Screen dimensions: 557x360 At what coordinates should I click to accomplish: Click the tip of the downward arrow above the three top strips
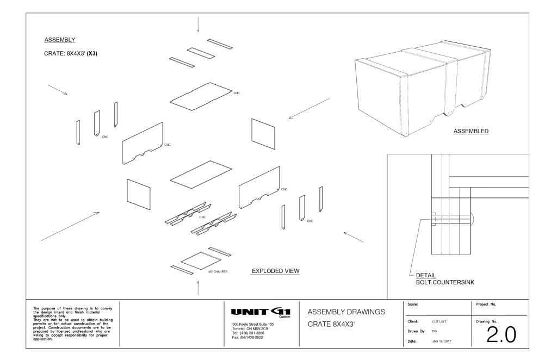(198, 32)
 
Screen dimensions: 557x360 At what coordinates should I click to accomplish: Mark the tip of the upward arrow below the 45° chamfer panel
(198, 281)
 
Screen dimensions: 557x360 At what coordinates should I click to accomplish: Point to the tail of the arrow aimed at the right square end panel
(329, 98)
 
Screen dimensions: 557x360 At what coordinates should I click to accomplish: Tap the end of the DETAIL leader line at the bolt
(432, 219)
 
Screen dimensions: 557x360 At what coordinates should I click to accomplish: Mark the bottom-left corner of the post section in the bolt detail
(431, 254)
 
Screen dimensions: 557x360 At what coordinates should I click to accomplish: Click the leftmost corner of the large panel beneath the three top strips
(170, 102)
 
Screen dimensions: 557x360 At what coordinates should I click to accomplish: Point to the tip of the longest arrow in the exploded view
(99, 212)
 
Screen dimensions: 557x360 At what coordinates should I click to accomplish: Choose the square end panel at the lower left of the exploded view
(138, 194)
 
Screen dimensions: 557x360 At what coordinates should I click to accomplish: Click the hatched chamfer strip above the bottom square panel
(220, 251)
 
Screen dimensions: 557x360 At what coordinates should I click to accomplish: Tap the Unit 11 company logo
(261, 312)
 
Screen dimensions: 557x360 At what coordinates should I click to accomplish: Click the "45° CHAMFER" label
(218, 271)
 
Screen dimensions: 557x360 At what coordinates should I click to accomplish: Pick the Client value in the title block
(439, 321)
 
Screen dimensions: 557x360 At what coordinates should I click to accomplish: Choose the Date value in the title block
(442, 341)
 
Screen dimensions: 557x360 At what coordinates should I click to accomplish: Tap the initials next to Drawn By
(435, 331)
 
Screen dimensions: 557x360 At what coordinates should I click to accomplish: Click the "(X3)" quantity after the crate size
(92, 54)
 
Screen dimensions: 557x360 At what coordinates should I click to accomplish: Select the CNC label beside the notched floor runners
(202, 217)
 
